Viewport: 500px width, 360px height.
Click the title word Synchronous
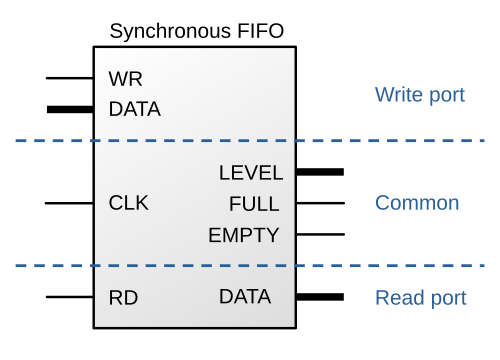(x=170, y=32)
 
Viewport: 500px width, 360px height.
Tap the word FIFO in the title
(x=260, y=31)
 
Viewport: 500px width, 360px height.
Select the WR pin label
(x=125, y=79)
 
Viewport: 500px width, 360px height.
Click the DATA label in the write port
(x=135, y=109)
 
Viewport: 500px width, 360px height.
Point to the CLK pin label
(x=129, y=203)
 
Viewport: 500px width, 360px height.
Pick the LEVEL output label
(x=251, y=173)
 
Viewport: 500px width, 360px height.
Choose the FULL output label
(x=254, y=204)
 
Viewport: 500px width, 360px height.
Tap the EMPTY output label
(x=244, y=235)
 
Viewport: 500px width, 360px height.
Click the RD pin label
(x=123, y=298)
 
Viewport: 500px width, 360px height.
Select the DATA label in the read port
(x=245, y=296)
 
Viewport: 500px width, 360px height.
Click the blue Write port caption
(x=420, y=95)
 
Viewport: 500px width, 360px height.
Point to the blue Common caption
(x=417, y=203)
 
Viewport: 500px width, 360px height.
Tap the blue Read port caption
(x=421, y=298)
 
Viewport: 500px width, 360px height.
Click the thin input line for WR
(x=70, y=78)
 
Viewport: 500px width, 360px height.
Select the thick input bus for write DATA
(x=70, y=109)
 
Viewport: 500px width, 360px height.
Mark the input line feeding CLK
(x=69, y=203)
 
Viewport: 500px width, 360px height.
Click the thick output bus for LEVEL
(x=320, y=172)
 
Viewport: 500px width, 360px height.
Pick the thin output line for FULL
(x=320, y=203)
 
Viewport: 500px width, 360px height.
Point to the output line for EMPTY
(x=320, y=234)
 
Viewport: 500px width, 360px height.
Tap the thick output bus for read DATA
(x=320, y=297)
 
